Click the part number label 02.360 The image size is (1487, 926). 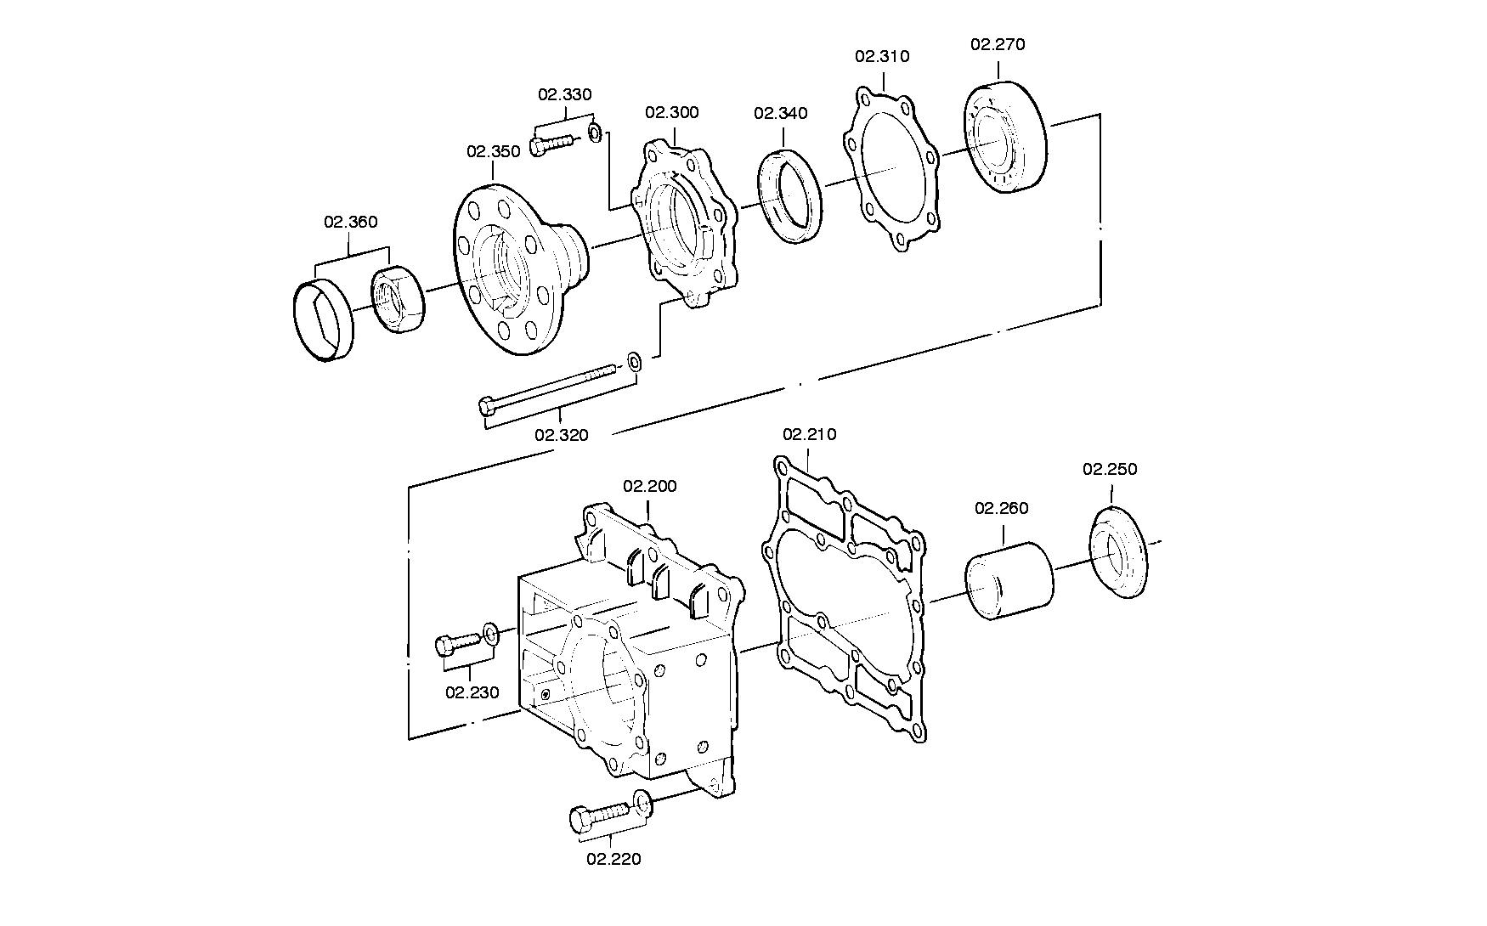[x=350, y=223]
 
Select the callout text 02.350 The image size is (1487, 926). [x=493, y=152]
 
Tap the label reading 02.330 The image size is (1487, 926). [x=565, y=95]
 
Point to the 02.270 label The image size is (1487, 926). [x=998, y=45]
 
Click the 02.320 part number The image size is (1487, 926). [x=561, y=436]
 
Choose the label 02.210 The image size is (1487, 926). [x=809, y=435]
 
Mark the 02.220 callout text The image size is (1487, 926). [x=613, y=859]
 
